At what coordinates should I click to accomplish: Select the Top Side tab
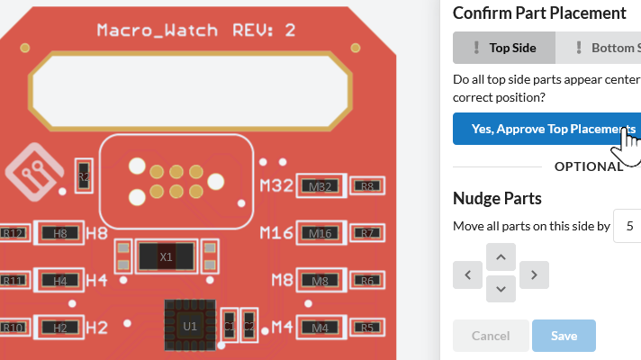[x=504, y=48]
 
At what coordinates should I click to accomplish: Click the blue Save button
[x=564, y=336]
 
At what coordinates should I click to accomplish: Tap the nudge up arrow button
[x=501, y=257]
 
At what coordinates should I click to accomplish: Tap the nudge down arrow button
[x=501, y=289]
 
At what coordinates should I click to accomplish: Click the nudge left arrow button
[x=467, y=274]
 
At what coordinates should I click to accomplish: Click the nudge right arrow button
[x=534, y=274]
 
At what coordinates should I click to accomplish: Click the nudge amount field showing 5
[x=627, y=225]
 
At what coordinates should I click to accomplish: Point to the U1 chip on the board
[x=189, y=325]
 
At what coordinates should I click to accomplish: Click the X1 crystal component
[x=166, y=256]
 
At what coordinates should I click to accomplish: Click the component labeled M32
[x=320, y=186]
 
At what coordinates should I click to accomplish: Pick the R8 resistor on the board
[x=367, y=186]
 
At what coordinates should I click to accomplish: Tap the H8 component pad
[x=60, y=233]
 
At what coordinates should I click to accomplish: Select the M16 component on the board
[x=320, y=233]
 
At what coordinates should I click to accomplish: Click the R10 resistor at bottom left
[x=14, y=328]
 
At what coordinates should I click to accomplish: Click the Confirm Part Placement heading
[x=538, y=13]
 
